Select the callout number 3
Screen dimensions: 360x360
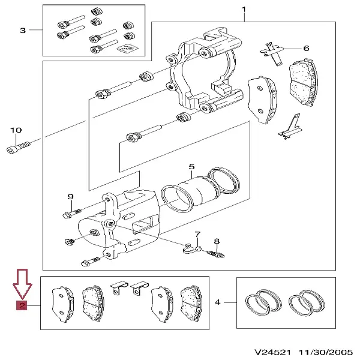(x=22, y=30)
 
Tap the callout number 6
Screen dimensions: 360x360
(x=305, y=49)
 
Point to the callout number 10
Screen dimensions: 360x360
(x=16, y=130)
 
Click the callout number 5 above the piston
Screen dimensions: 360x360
(x=191, y=167)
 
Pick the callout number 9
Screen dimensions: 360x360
(x=70, y=197)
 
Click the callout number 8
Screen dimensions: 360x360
(x=217, y=241)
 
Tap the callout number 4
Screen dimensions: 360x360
(x=219, y=303)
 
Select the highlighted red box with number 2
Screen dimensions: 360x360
(x=22, y=307)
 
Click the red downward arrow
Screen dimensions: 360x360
(x=22, y=284)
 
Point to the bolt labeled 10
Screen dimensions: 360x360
(x=18, y=146)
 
